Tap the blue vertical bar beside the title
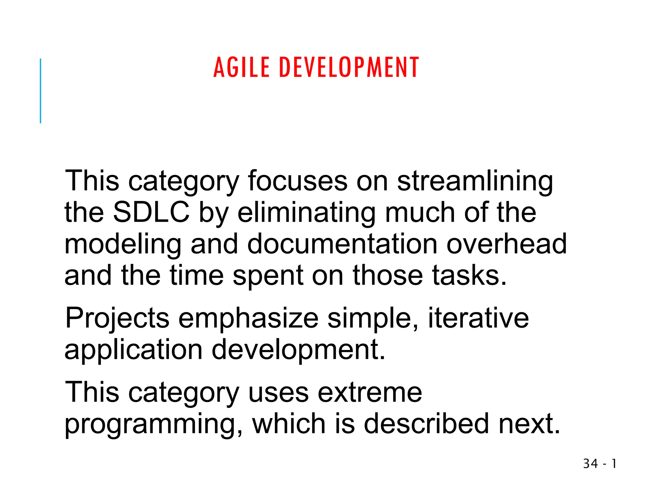[x=40, y=91]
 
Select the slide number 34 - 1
[x=600, y=464]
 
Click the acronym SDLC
[x=151, y=212]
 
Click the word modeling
[x=123, y=245]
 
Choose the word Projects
[x=117, y=319]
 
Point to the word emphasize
[x=248, y=319]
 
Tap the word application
[x=134, y=351]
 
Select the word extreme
[x=370, y=393]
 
